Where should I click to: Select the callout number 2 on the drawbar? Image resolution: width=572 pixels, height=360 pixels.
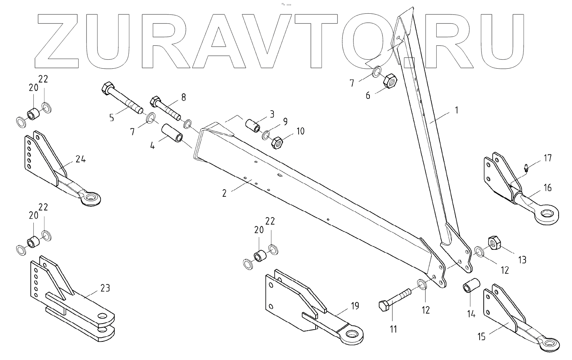click(224, 193)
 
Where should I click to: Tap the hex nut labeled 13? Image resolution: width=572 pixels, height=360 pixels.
click(494, 243)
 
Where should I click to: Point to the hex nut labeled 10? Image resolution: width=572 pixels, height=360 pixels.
click(278, 142)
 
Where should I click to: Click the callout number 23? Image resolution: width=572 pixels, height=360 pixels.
click(105, 288)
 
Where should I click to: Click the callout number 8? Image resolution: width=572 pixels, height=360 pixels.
click(183, 98)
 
